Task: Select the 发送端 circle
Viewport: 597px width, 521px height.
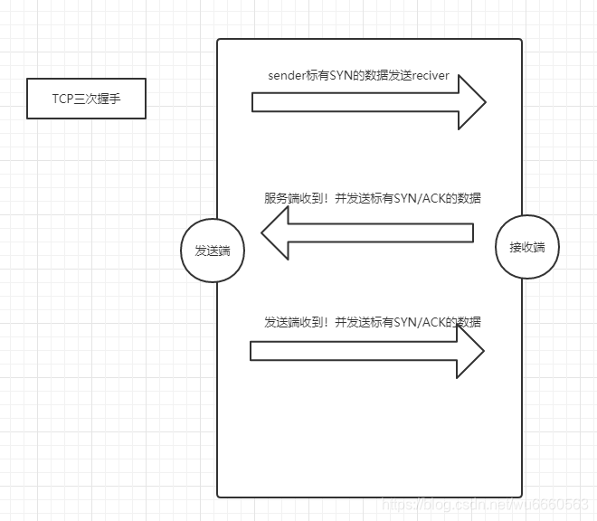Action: [213, 251]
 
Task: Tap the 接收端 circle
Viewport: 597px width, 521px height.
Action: [527, 246]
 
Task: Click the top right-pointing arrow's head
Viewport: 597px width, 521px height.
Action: [470, 102]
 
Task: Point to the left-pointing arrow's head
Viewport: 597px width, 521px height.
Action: [276, 232]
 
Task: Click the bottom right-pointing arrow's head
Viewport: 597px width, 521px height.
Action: [469, 350]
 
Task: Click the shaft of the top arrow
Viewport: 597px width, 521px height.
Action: [353, 102]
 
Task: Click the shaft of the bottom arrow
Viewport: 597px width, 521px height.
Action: [353, 350]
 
